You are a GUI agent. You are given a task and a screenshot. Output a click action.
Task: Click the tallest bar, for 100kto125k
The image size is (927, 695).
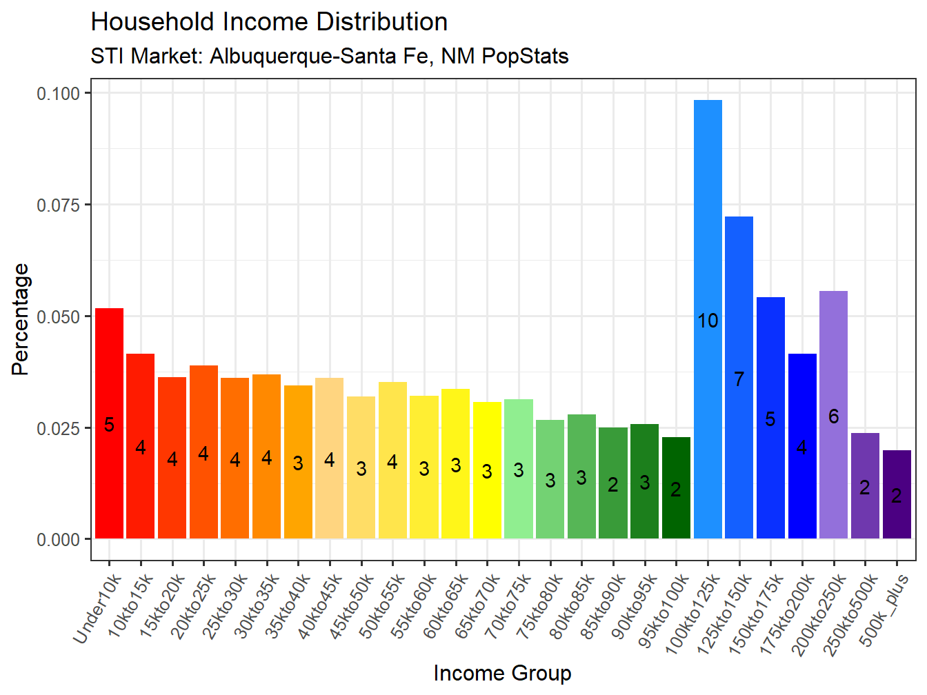coord(708,207)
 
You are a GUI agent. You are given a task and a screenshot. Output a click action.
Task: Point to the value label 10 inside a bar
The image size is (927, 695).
coord(708,321)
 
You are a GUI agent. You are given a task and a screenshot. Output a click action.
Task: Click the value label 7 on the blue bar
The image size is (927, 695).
coord(739,379)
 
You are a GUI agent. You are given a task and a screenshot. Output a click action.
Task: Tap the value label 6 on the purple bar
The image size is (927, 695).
coord(833,416)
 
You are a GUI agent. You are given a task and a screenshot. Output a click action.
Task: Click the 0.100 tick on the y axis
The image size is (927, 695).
coord(59,93)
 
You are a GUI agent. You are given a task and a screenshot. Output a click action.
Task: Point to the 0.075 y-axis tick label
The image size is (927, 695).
coord(59,205)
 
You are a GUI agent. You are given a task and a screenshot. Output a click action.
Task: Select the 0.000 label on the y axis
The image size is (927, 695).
coord(59,539)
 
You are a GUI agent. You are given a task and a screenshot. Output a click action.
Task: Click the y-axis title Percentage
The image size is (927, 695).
coord(21,319)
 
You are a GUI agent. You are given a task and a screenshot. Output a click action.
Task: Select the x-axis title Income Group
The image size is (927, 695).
coord(502,673)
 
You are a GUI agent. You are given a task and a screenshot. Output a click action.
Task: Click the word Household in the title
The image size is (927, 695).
coord(152,22)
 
